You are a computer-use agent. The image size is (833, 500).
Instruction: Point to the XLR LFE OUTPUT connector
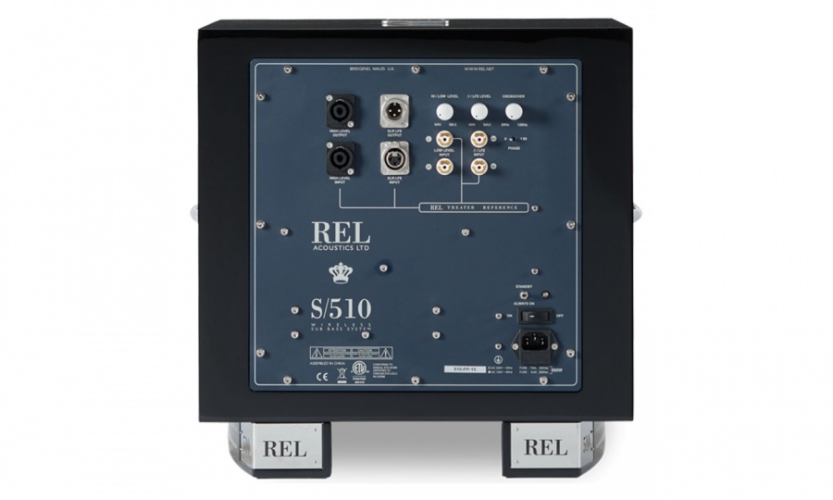(x=396, y=113)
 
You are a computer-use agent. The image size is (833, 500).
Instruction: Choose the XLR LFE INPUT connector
(x=396, y=160)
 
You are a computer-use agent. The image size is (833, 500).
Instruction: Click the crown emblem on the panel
(x=339, y=272)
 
